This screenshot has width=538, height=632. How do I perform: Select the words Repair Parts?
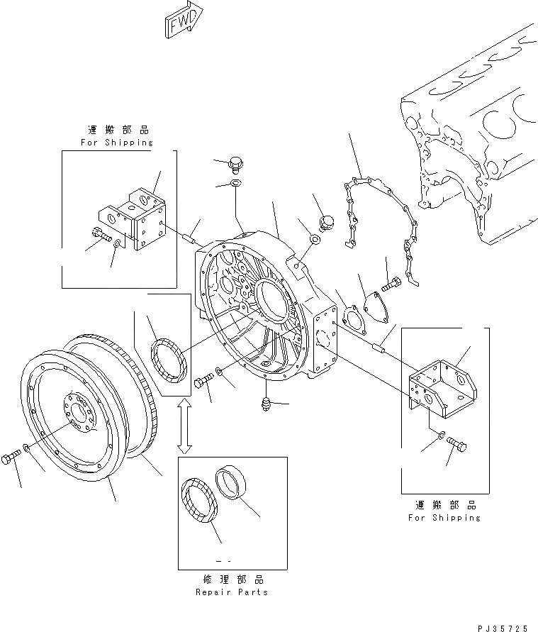[232, 592]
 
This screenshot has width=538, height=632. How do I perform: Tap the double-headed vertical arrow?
[184, 425]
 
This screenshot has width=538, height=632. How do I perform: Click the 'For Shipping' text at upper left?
[117, 142]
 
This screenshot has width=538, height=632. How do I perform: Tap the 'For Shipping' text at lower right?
[444, 518]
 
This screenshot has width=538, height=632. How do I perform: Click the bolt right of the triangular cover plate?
[391, 286]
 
